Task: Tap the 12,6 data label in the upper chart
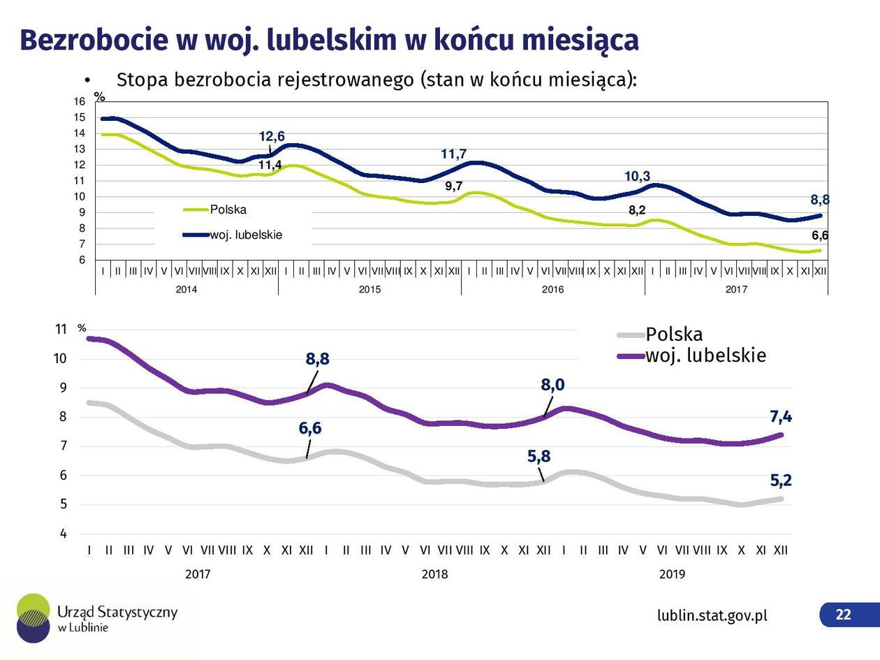(272, 136)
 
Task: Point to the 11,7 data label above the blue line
(453, 154)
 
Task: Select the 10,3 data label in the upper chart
(642, 177)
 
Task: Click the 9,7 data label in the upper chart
(454, 186)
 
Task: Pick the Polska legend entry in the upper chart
(228, 210)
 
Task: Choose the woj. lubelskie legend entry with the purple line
(705, 355)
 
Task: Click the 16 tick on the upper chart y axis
(79, 102)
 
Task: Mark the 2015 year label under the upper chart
(369, 289)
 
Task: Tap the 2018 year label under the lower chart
(434, 574)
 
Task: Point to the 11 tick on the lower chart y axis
(61, 329)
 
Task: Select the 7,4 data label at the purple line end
(781, 417)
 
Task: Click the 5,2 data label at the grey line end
(781, 481)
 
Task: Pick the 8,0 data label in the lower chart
(553, 384)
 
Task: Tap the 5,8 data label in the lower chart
(538, 457)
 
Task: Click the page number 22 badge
(844, 615)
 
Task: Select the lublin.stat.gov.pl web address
(712, 615)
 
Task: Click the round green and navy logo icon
(34, 617)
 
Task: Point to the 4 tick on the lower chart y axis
(64, 534)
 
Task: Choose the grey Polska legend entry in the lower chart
(673, 334)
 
